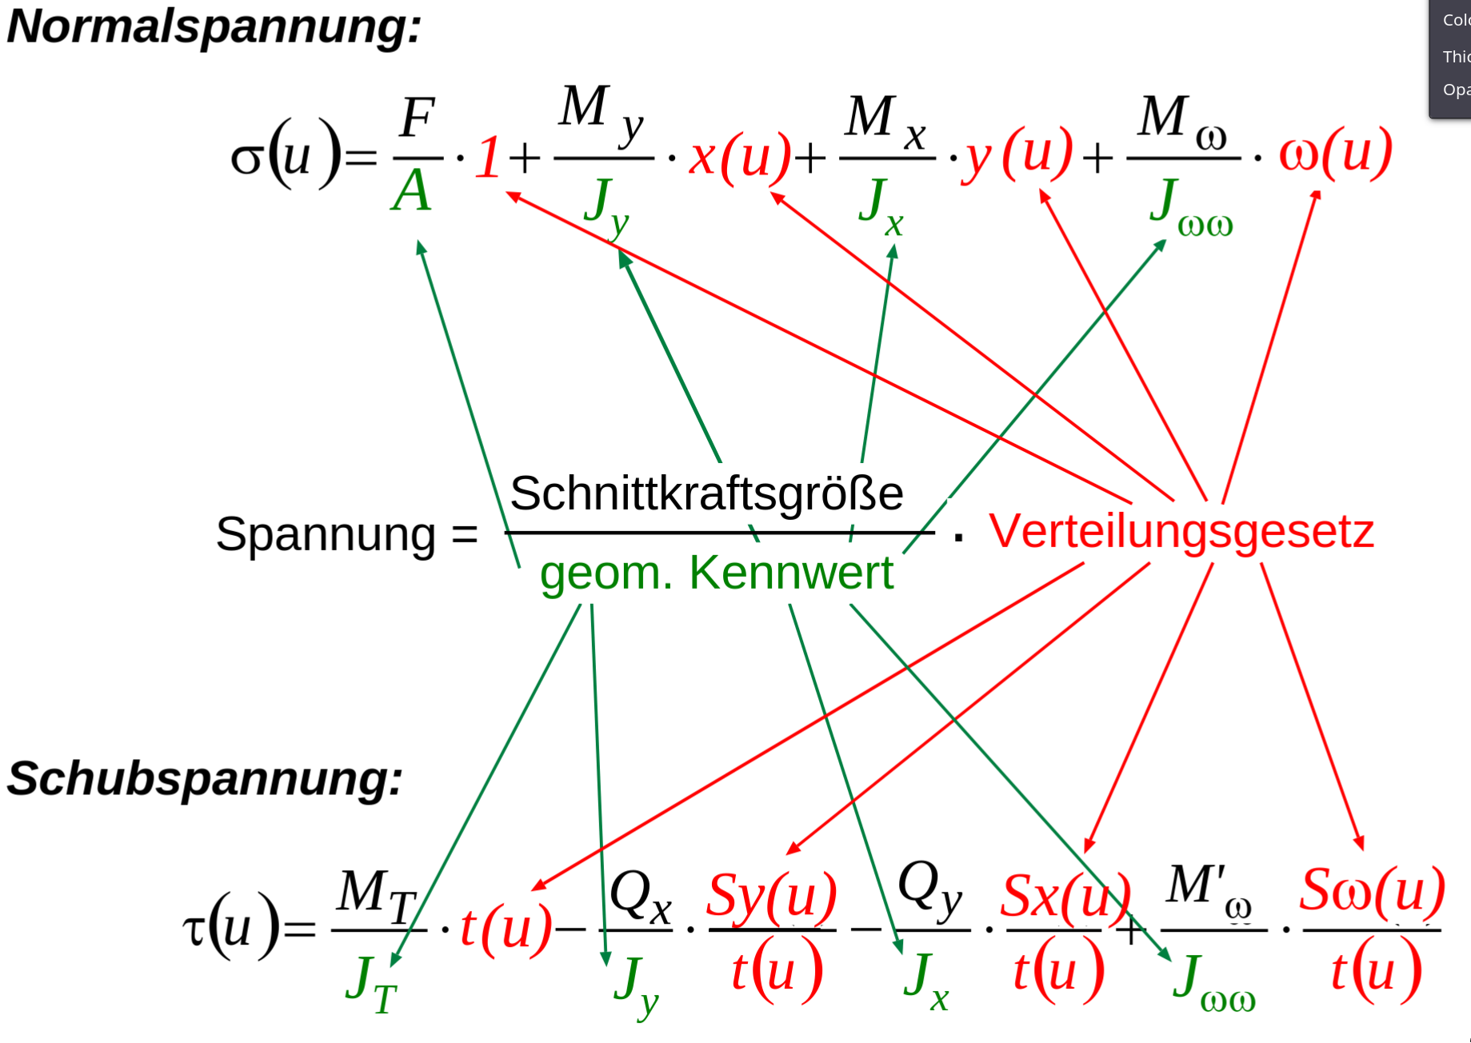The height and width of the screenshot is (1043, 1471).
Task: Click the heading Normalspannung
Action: [x=214, y=26]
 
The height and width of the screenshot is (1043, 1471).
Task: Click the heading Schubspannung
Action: [x=205, y=778]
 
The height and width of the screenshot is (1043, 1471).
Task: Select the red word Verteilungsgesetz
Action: [x=1181, y=531]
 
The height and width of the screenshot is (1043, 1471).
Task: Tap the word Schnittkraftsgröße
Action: [x=706, y=494]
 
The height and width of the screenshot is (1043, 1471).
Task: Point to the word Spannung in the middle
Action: [x=326, y=533]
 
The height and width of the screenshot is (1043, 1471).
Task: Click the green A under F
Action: [x=412, y=192]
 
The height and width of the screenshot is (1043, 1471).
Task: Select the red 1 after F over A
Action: [x=488, y=158]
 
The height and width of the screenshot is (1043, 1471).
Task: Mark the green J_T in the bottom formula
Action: [x=371, y=985]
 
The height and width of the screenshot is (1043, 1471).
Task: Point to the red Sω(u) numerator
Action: [x=1372, y=890]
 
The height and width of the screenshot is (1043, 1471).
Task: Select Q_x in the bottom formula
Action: [x=640, y=896]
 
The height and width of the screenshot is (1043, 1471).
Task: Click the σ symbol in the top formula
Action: [x=246, y=158]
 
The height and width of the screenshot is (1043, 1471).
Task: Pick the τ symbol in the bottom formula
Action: [x=194, y=929]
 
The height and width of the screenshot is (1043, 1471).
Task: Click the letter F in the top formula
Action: [x=418, y=118]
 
